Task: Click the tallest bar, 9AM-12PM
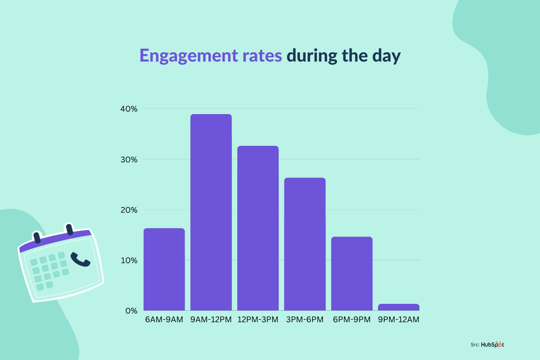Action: click(x=211, y=212)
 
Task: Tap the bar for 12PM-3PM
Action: click(x=258, y=228)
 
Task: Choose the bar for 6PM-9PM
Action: click(x=352, y=274)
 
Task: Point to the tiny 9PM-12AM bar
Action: click(x=399, y=307)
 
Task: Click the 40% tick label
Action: click(x=129, y=109)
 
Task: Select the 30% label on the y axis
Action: click(x=129, y=159)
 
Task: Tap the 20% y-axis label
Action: click(x=129, y=210)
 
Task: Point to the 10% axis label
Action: click(x=129, y=260)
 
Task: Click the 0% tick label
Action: click(x=131, y=311)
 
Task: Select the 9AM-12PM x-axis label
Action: click(x=211, y=320)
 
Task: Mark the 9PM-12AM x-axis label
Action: click(x=399, y=320)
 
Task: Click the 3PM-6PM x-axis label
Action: click(x=305, y=320)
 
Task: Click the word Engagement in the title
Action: click(x=189, y=56)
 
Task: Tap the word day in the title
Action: click(x=386, y=56)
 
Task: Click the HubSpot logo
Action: click(x=492, y=345)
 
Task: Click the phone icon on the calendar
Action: click(x=80, y=260)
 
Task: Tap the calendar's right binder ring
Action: click(x=69, y=229)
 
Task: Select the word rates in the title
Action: click(x=262, y=56)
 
